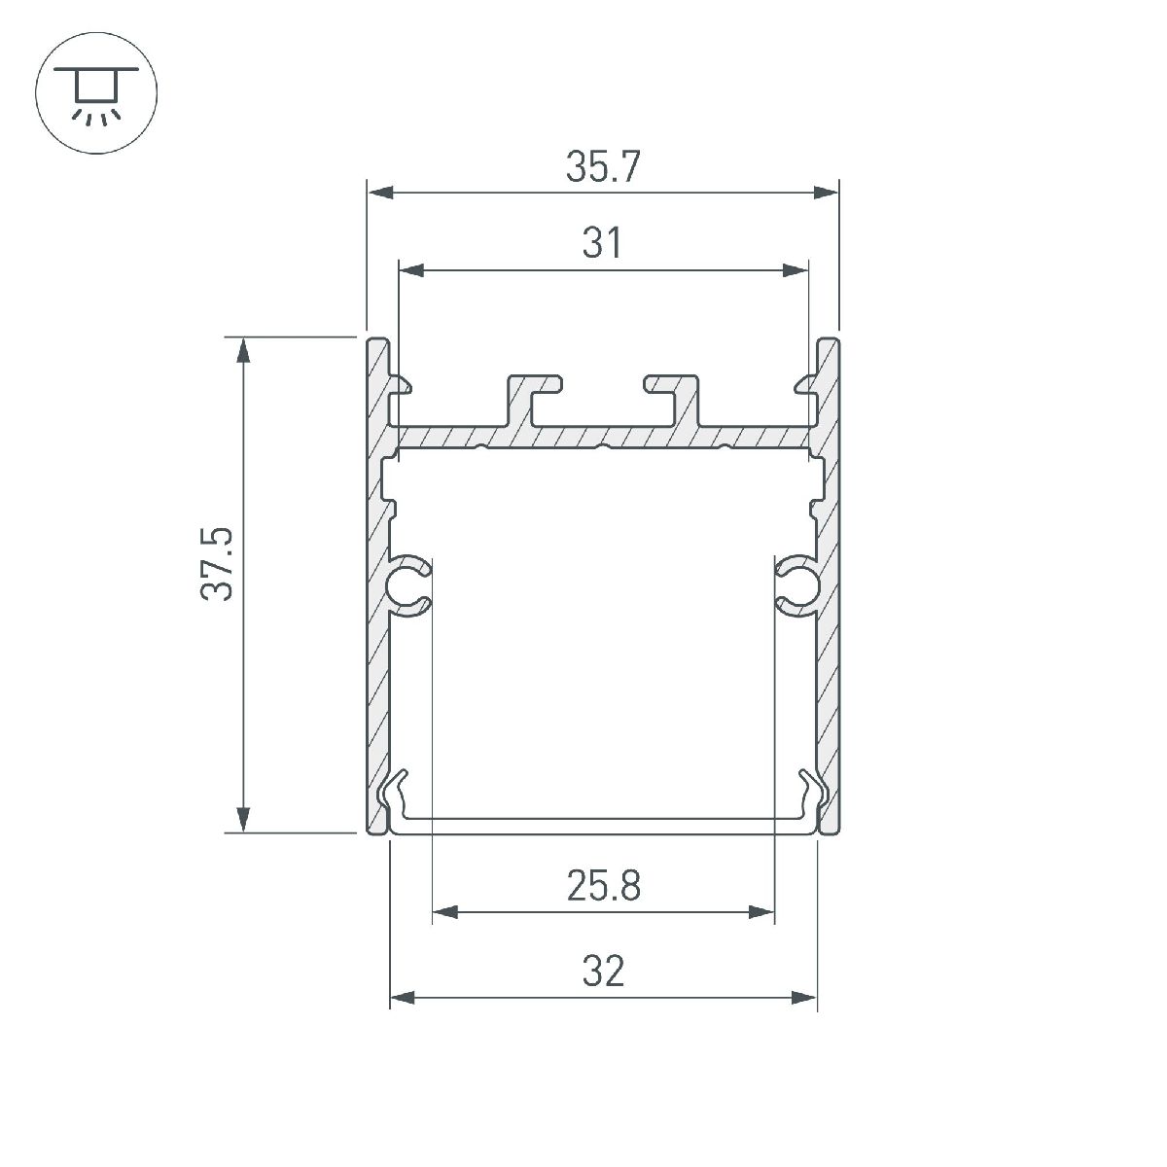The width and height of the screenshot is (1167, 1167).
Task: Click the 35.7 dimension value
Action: (603, 167)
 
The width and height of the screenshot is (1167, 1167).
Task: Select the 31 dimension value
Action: (603, 243)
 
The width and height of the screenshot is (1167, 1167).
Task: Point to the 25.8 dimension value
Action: (603, 886)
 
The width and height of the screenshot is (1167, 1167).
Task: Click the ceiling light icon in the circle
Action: (95, 95)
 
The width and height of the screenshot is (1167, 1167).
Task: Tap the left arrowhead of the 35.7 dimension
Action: (380, 192)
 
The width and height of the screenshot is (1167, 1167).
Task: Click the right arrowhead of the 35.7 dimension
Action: (825, 192)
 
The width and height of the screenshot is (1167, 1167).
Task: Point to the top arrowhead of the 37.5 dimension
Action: (244, 351)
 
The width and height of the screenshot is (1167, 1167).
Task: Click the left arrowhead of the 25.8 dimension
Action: (444, 912)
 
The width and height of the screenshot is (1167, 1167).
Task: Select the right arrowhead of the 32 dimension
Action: (803, 998)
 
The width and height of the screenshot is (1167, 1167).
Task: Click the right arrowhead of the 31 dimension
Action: (795, 269)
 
